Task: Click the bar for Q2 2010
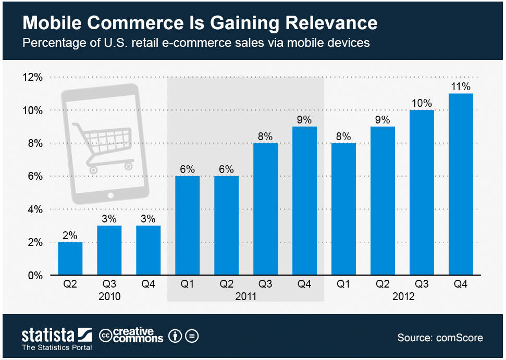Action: [70, 258]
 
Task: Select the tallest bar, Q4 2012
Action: [461, 184]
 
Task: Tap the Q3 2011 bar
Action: [266, 209]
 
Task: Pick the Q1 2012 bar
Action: [344, 209]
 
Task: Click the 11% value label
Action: [461, 86]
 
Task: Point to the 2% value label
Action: [70, 235]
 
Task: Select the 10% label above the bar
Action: [422, 103]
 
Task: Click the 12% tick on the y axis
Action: [33, 77]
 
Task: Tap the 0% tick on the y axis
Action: [35, 275]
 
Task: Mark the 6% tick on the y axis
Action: [35, 176]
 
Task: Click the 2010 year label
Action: [109, 296]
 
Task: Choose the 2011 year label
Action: [246, 296]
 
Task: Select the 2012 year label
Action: [402, 296]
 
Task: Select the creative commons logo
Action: [131, 336]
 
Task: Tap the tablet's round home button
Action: [110, 195]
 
